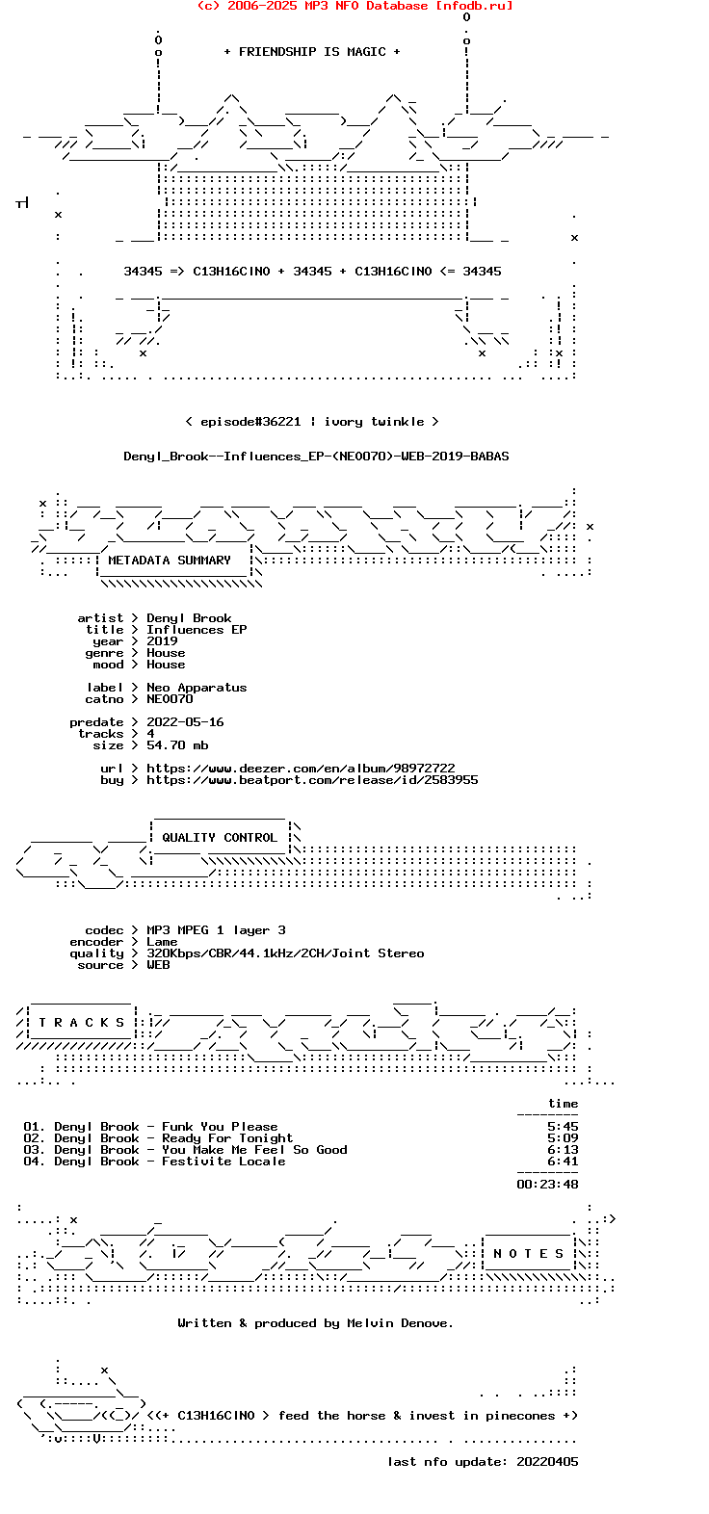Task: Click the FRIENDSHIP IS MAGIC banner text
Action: (311, 52)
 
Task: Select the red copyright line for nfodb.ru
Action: (354, 6)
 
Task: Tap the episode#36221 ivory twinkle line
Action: (311, 422)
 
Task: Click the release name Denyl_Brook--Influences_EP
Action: (316, 457)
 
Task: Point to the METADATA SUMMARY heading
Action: (170, 561)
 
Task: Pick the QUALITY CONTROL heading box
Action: (220, 838)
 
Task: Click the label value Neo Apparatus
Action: (197, 688)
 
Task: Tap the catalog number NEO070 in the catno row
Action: (170, 699)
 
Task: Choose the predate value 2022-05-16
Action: (185, 722)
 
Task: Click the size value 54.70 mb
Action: (177, 745)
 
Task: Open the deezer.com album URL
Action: (301, 769)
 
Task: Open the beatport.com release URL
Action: (312, 780)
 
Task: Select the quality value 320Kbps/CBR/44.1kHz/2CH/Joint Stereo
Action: (285, 953)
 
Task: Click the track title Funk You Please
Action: (220, 1127)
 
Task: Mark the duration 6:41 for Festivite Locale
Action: (563, 1162)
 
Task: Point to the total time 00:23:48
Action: (547, 1185)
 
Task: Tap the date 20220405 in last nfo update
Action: (547, 1462)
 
